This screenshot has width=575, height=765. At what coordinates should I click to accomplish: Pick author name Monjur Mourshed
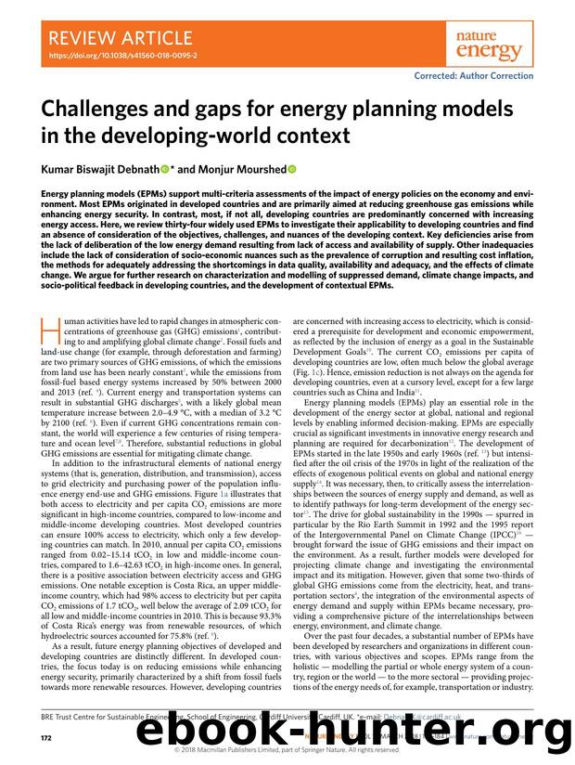point(249,170)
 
